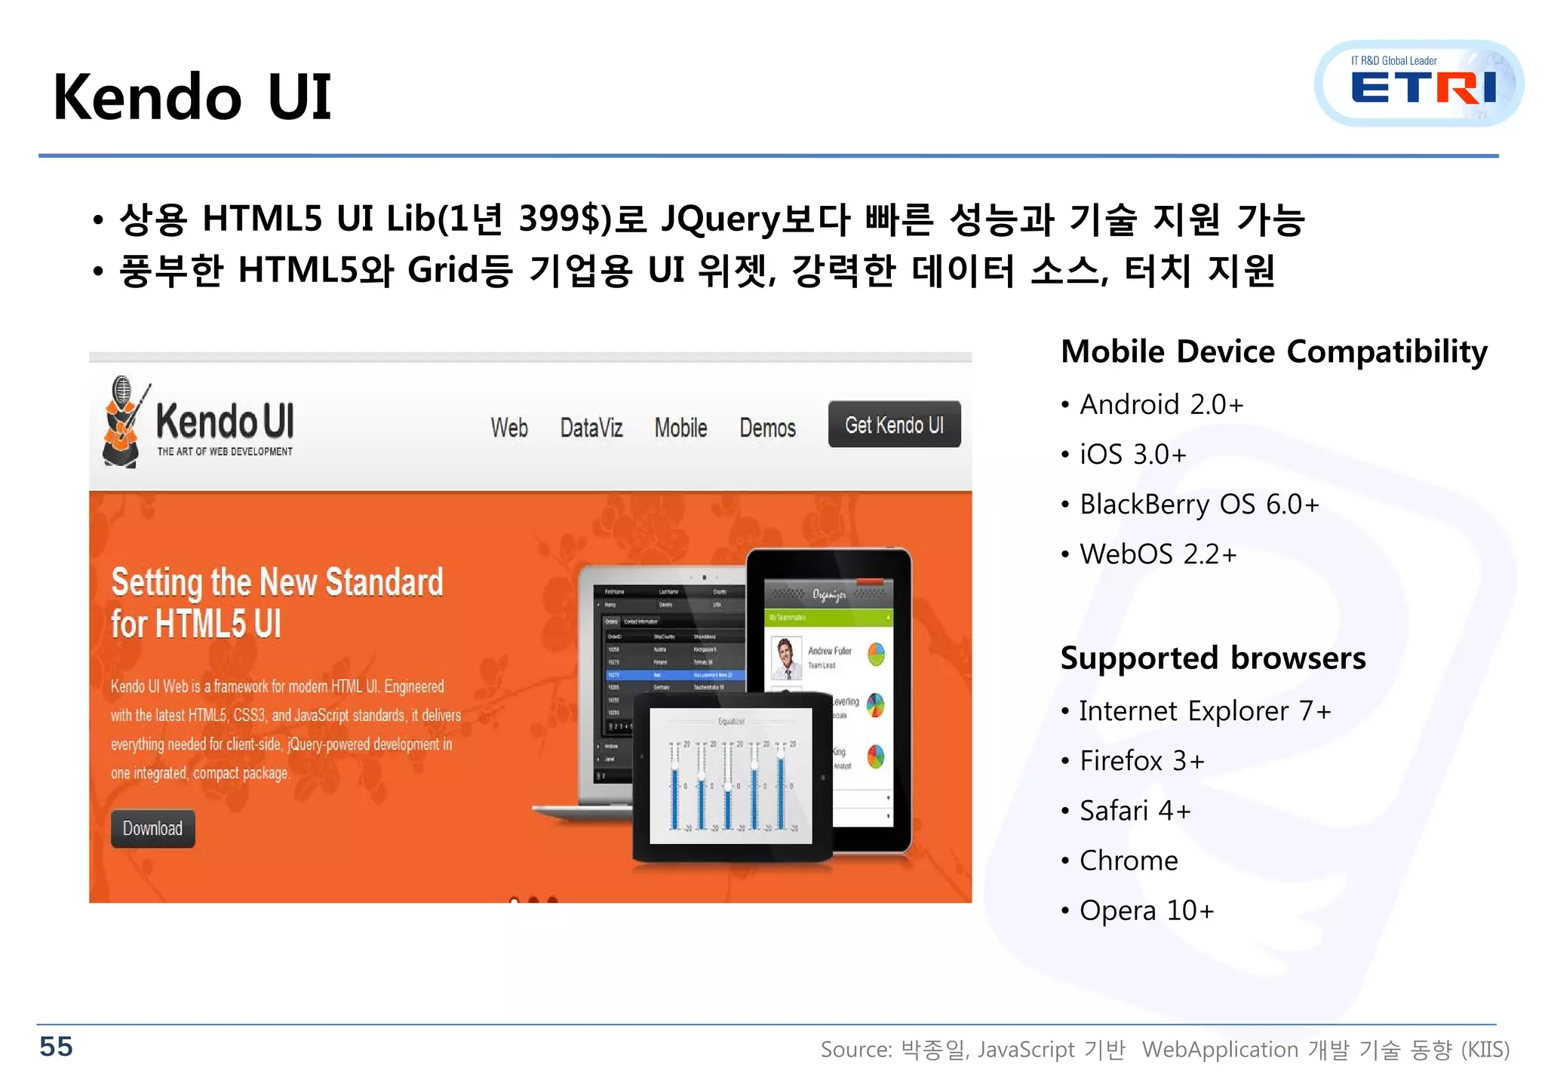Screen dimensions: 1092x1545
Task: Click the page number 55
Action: (x=56, y=1047)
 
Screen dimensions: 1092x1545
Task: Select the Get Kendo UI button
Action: (x=894, y=425)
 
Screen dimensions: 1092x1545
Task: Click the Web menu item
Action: (x=509, y=428)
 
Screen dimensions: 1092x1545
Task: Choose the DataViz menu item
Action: (x=591, y=428)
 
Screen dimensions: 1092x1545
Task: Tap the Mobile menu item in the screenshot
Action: (x=680, y=428)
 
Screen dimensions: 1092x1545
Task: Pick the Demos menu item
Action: (x=767, y=428)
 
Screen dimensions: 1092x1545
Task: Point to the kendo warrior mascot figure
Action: (x=122, y=422)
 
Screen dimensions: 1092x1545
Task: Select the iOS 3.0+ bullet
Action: (x=1132, y=455)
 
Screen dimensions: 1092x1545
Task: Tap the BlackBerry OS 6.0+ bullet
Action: (x=1199, y=505)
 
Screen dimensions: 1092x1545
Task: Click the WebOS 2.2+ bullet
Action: (x=1158, y=554)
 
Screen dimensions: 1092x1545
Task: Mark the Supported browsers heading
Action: (x=1212, y=658)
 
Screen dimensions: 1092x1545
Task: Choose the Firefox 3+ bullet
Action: (x=1141, y=761)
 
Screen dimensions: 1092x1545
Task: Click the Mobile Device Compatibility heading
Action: (x=1274, y=351)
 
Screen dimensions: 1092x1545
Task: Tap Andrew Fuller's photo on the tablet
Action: (x=785, y=658)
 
